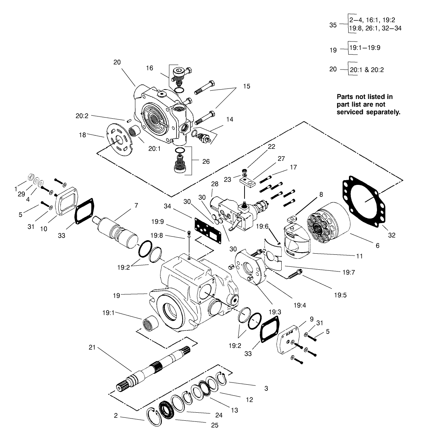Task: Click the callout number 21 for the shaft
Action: coord(92,348)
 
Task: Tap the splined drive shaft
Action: coord(156,368)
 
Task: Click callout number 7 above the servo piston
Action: coord(136,205)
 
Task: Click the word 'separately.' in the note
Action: coord(382,112)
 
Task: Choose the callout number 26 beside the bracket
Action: coord(206,161)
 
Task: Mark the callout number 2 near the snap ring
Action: coord(116,415)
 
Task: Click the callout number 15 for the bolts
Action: coord(247,87)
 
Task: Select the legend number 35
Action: coord(333,25)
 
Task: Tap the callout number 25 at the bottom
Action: coord(215,425)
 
